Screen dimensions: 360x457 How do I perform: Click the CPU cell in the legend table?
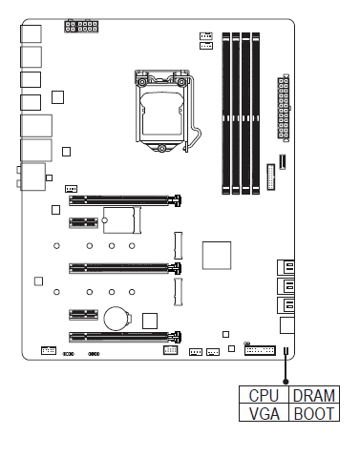pyautogui.click(x=264, y=395)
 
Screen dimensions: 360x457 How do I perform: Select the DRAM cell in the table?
pyautogui.click(x=314, y=395)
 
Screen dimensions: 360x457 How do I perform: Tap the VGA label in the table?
pyautogui.click(x=264, y=413)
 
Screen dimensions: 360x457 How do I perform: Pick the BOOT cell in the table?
pyautogui.click(x=314, y=413)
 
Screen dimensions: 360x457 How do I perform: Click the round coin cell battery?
pyautogui.click(x=116, y=319)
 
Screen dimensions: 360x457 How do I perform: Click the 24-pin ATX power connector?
pyautogui.click(x=284, y=108)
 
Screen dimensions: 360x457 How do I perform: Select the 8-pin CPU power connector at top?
pyautogui.click(x=81, y=26)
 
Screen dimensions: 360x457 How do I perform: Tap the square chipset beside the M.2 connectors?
pyautogui.click(x=217, y=255)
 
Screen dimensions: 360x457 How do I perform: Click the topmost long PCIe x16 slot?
pyautogui.click(x=125, y=200)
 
